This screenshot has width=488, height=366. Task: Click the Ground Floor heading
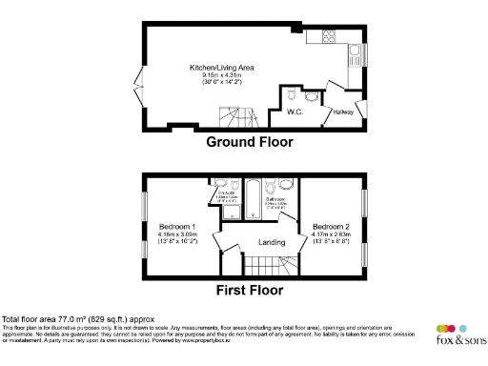(250, 143)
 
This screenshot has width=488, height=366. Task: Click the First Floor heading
(251, 289)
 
